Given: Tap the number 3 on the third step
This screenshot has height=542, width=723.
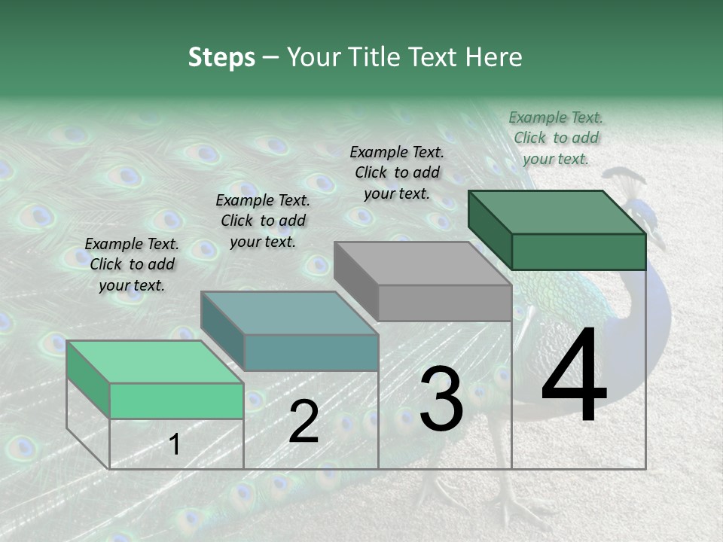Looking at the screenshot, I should point(441,400).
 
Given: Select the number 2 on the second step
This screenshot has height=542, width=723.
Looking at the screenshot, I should point(304,422).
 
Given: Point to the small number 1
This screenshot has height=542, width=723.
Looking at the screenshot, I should point(175,445).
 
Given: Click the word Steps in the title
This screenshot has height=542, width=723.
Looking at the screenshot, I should point(221,57).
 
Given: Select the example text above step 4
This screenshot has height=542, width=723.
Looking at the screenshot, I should point(556,138).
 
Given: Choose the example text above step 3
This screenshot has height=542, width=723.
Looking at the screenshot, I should point(397,172).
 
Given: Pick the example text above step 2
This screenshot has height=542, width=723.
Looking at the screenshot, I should point(262,221).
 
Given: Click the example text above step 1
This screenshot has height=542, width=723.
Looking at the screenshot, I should point(132,264).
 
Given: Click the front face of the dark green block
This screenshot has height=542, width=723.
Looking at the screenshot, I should point(578,251).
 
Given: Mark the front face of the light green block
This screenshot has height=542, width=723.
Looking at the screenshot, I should point(176,400).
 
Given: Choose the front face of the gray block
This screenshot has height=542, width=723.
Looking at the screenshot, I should point(444,303).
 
